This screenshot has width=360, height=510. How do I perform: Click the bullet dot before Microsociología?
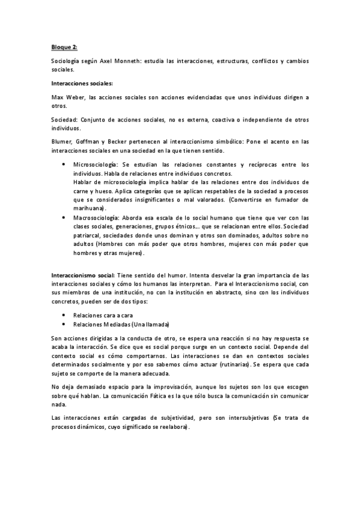[x=64, y=164]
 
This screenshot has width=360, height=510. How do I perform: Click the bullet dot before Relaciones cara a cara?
[x=64, y=315]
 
